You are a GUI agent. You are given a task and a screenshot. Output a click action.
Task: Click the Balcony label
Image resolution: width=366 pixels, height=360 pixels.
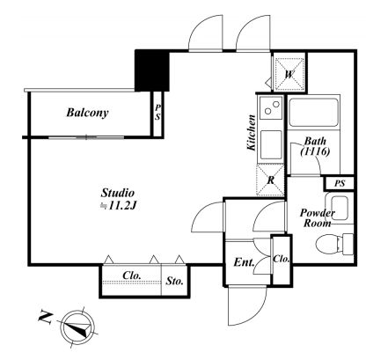(x=87, y=113)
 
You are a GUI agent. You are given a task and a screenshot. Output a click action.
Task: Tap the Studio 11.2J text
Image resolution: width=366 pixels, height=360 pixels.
(x=118, y=199)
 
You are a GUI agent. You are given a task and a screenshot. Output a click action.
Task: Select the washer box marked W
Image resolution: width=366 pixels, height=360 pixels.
(x=289, y=74)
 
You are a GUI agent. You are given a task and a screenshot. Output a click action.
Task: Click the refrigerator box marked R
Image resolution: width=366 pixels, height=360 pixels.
(x=270, y=180)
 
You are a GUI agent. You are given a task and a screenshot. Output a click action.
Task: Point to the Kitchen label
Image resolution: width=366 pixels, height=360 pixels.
(x=252, y=133)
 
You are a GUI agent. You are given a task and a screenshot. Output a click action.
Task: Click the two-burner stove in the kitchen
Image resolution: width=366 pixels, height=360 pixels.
(x=271, y=107)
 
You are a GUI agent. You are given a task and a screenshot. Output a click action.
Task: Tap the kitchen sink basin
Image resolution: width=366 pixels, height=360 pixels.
(x=271, y=145)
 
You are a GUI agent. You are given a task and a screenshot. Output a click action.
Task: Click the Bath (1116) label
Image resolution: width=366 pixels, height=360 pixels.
(x=315, y=146)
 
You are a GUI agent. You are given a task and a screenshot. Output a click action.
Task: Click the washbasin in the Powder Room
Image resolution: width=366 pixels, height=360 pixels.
(x=340, y=205)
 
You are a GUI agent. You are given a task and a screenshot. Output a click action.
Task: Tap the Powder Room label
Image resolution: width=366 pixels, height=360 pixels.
(x=317, y=218)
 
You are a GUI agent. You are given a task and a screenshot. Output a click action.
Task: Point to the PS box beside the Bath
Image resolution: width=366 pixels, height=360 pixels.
(x=340, y=184)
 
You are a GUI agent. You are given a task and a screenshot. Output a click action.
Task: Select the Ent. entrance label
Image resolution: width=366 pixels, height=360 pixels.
(x=244, y=262)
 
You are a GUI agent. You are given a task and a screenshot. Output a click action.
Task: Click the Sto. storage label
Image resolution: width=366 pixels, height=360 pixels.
(x=174, y=281)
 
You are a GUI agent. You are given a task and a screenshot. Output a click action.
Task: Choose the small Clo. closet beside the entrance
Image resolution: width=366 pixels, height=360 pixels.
(x=282, y=260)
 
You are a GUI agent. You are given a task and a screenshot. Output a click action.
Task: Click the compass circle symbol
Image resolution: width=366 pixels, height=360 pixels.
(x=77, y=327)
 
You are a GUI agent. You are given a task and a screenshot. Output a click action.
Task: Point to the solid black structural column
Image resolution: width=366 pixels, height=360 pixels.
(x=152, y=70)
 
